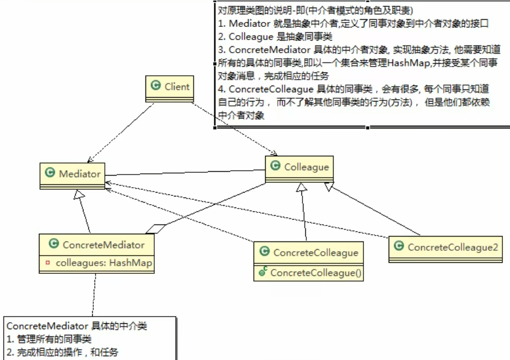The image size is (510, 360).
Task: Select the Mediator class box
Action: (x=73, y=174)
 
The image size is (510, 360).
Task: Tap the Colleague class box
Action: (x=299, y=167)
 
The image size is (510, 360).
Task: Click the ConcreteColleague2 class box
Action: (x=446, y=248)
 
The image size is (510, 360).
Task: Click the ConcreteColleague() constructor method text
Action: (x=316, y=272)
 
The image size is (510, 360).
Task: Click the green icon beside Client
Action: (x=155, y=86)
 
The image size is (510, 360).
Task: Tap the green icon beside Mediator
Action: (x=50, y=173)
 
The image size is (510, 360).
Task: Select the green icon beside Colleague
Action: (x=274, y=167)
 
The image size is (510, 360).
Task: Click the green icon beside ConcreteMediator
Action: (x=53, y=245)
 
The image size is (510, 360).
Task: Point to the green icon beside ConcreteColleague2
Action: (x=399, y=247)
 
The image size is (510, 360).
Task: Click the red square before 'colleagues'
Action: (x=47, y=263)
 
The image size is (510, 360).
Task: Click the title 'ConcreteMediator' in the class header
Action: (x=103, y=245)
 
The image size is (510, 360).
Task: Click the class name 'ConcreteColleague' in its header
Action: (x=315, y=252)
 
